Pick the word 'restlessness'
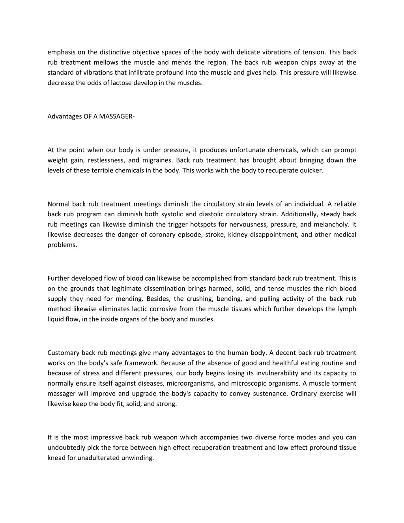tap(106, 160)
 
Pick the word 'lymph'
tap(347, 309)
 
